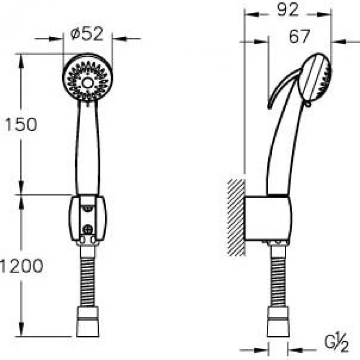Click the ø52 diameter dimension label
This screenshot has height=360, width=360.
point(87,34)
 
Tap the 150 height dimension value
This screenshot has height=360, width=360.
point(21,125)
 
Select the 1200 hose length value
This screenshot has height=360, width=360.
point(22,266)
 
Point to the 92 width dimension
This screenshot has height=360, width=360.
point(288,10)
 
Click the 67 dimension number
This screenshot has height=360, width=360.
point(300,36)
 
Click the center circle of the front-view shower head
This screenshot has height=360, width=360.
point(87,83)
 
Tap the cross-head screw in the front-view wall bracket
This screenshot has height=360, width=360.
point(88,229)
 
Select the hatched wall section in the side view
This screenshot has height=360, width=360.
point(236,217)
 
